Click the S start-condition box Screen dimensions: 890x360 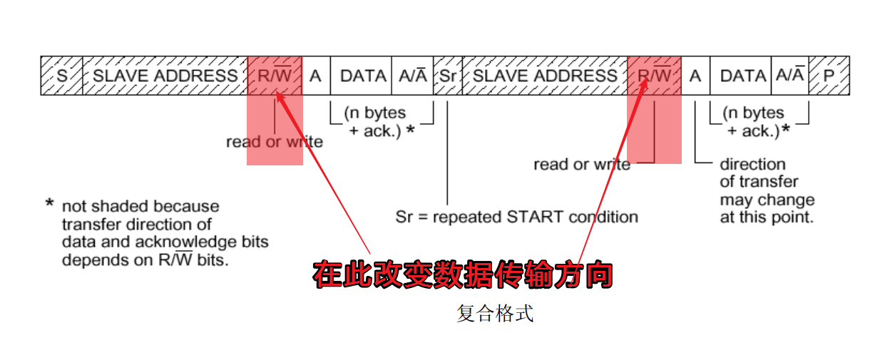pos(61,76)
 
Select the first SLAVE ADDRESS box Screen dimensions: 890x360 pos(165,76)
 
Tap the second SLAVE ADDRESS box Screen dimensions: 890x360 pos(545,76)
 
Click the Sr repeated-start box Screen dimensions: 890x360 pos(447,76)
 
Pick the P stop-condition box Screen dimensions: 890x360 pos(829,76)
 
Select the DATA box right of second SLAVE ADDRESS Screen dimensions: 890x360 pos(742,76)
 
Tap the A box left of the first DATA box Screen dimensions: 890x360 pos(315,76)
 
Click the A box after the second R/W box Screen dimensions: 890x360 pos(695,76)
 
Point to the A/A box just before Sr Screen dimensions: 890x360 pos(412,76)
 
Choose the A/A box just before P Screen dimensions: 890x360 pos(790,76)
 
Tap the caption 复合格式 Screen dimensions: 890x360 pos(495,314)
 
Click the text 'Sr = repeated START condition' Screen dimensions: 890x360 pos(516,216)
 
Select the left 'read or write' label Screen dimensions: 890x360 pos(275,142)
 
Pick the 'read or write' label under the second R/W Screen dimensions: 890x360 pos(581,165)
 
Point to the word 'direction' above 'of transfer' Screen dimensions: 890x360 pos(752,165)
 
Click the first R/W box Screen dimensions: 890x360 pos(275,76)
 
